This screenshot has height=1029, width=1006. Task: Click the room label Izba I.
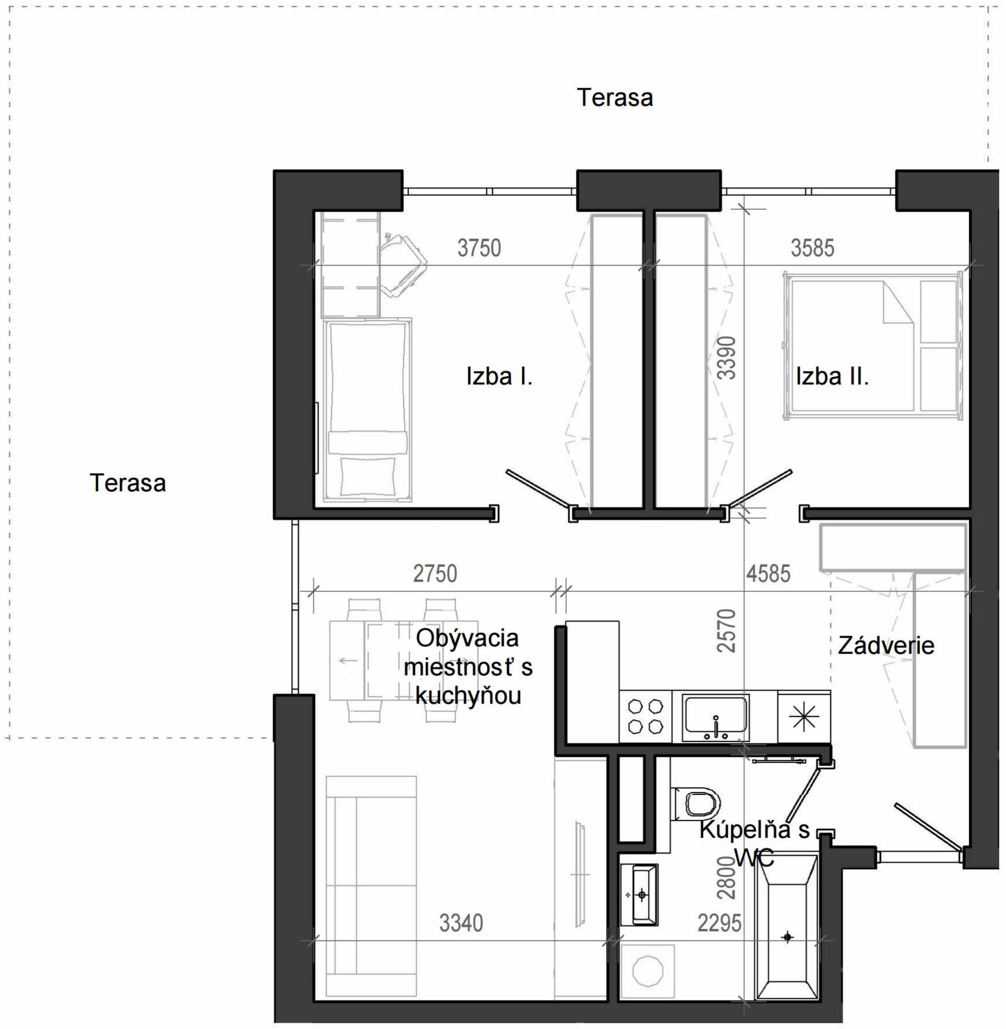tap(499, 377)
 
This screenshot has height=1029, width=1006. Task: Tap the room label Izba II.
tap(832, 377)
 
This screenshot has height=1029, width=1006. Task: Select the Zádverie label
tap(886, 646)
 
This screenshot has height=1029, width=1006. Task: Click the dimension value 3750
tap(479, 248)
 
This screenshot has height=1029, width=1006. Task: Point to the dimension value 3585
tap(812, 248)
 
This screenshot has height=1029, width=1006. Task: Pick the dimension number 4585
tap(768, 574)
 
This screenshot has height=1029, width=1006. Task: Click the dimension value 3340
tap(461, 923)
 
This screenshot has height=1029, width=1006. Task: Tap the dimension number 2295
tap(719, 923)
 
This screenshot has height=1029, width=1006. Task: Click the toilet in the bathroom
tap(695, 803)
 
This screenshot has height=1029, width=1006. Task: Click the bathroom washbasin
tap(639, 895)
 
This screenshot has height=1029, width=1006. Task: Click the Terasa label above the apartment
tap(614, 98)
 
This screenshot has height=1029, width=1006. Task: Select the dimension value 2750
tap(435, 574)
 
